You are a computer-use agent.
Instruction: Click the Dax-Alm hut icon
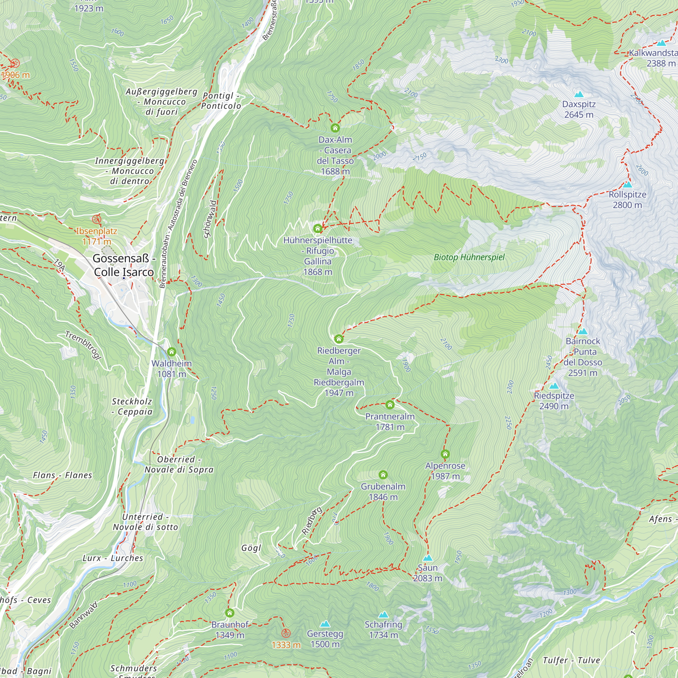point(335,128)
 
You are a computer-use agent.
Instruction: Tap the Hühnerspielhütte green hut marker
point(318,229)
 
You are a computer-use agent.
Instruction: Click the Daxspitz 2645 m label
point(579,109)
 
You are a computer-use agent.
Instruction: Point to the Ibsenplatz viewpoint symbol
point(97,220)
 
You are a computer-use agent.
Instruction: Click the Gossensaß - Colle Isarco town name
point(124,265)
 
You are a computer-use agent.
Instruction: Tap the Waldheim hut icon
point(172,352)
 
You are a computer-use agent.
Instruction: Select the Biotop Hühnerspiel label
point(469,257)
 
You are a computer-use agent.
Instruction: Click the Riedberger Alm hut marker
point(339,339)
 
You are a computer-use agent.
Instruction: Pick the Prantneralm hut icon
point(390,405)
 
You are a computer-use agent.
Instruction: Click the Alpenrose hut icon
point(445,454)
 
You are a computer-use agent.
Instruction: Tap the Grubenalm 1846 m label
point(383,492)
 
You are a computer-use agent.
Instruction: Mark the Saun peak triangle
point(427,558)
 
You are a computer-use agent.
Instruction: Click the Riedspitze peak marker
point(554,386)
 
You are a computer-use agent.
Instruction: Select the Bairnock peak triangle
point(582,331)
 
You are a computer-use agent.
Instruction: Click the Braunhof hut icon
point(230,613)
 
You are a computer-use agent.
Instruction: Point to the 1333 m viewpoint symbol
point(286,633)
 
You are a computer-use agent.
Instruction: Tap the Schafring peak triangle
point(383,615)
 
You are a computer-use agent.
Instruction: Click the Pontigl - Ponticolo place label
point(221,101)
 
